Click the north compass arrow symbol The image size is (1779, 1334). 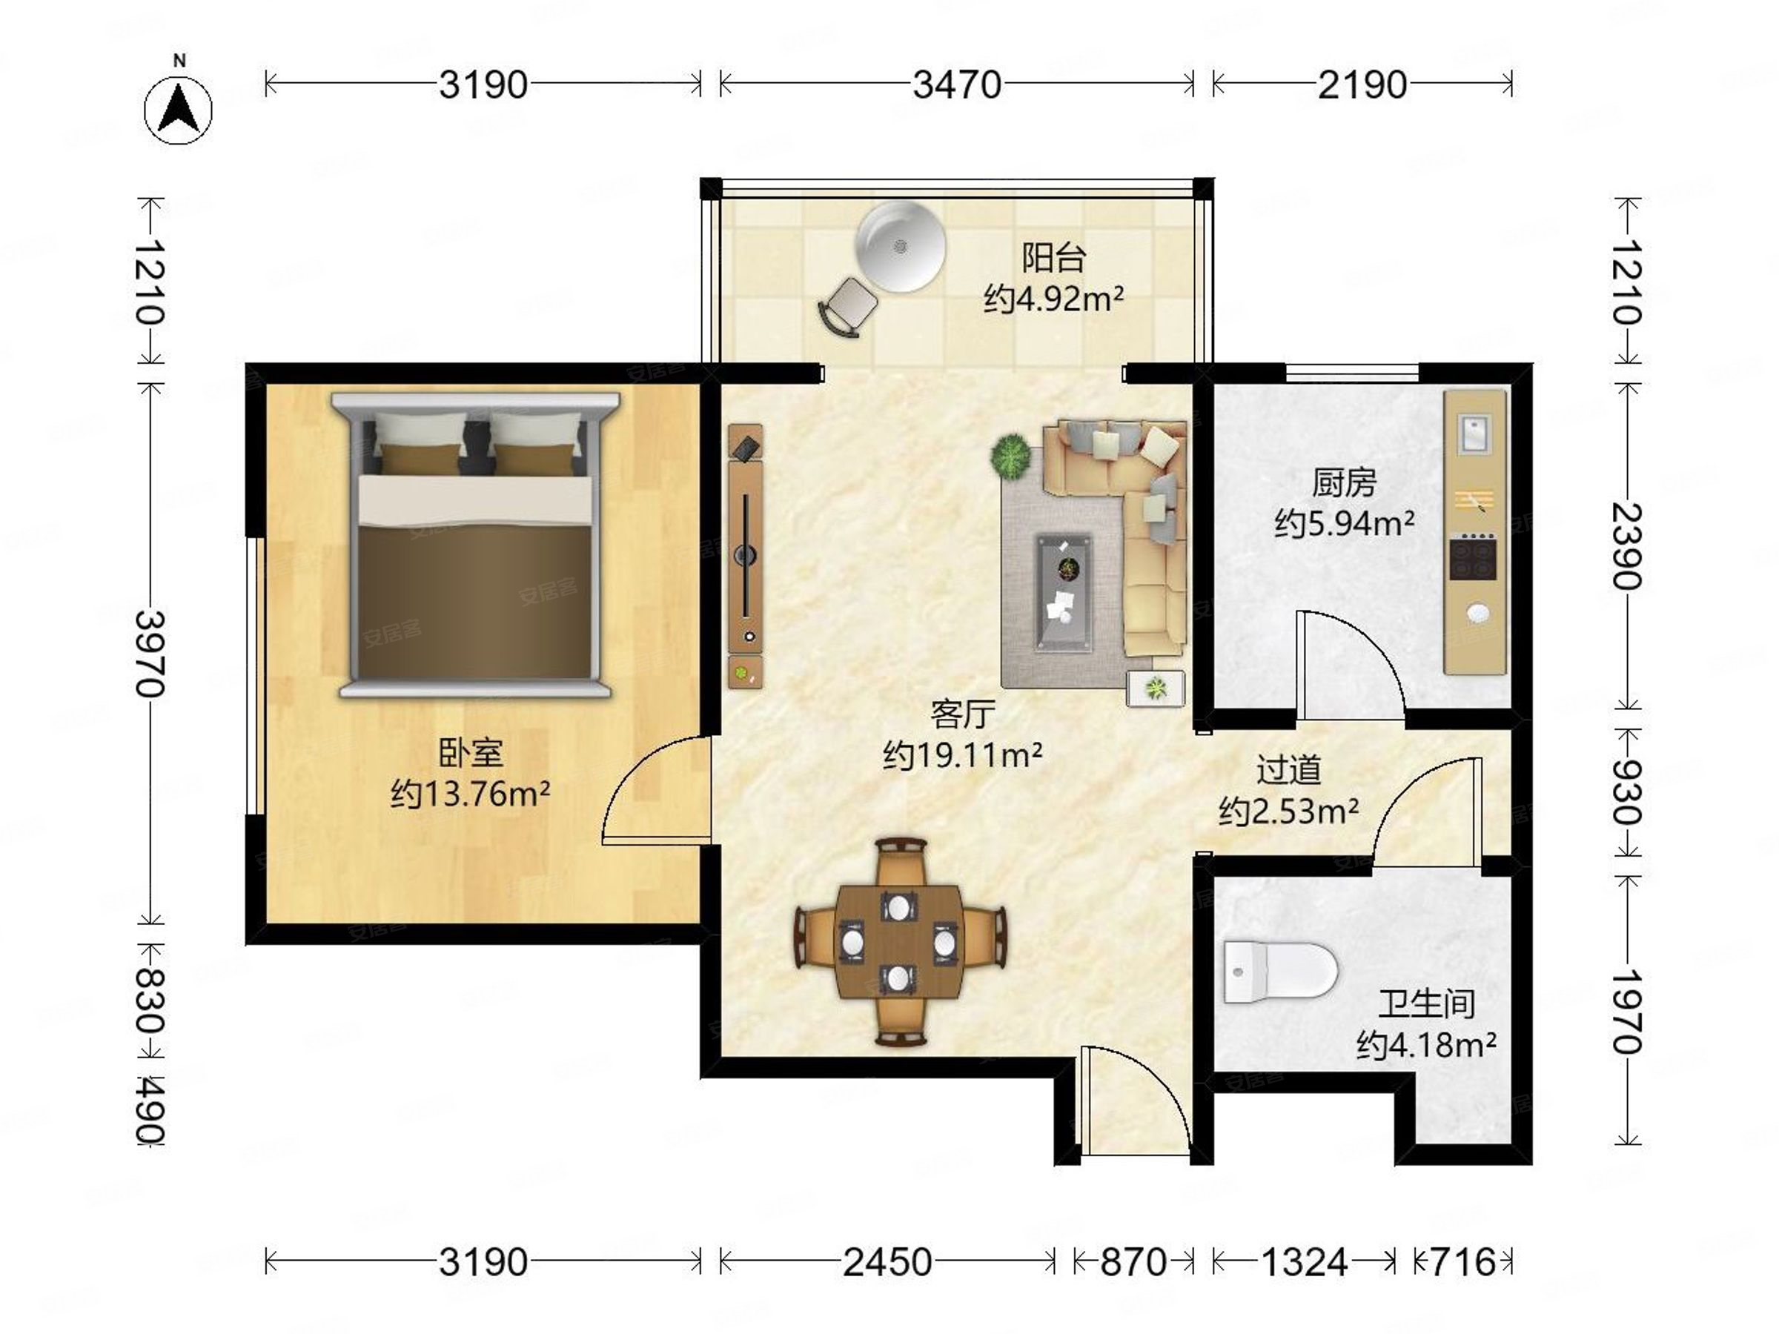point(178,110)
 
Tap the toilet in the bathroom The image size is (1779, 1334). point(1280,972)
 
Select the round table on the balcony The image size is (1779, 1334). point(900,246)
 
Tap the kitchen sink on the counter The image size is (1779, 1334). point(1474,435)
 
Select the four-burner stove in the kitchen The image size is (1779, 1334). point(1473,559)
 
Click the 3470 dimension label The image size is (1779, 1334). point(956,84)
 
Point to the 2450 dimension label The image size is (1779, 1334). point(887,1261)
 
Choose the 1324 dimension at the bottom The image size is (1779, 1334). point(1304,1261)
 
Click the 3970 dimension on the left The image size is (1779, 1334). point(150,653)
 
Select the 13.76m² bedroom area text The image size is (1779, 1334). point(471,794)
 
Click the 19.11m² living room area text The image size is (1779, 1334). point(963,755)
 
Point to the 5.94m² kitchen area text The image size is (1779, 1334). point(1345,523)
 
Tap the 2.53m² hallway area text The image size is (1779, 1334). point(1289,812)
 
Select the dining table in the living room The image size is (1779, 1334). point(899,943)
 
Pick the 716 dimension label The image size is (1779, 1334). point(1462,1261)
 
